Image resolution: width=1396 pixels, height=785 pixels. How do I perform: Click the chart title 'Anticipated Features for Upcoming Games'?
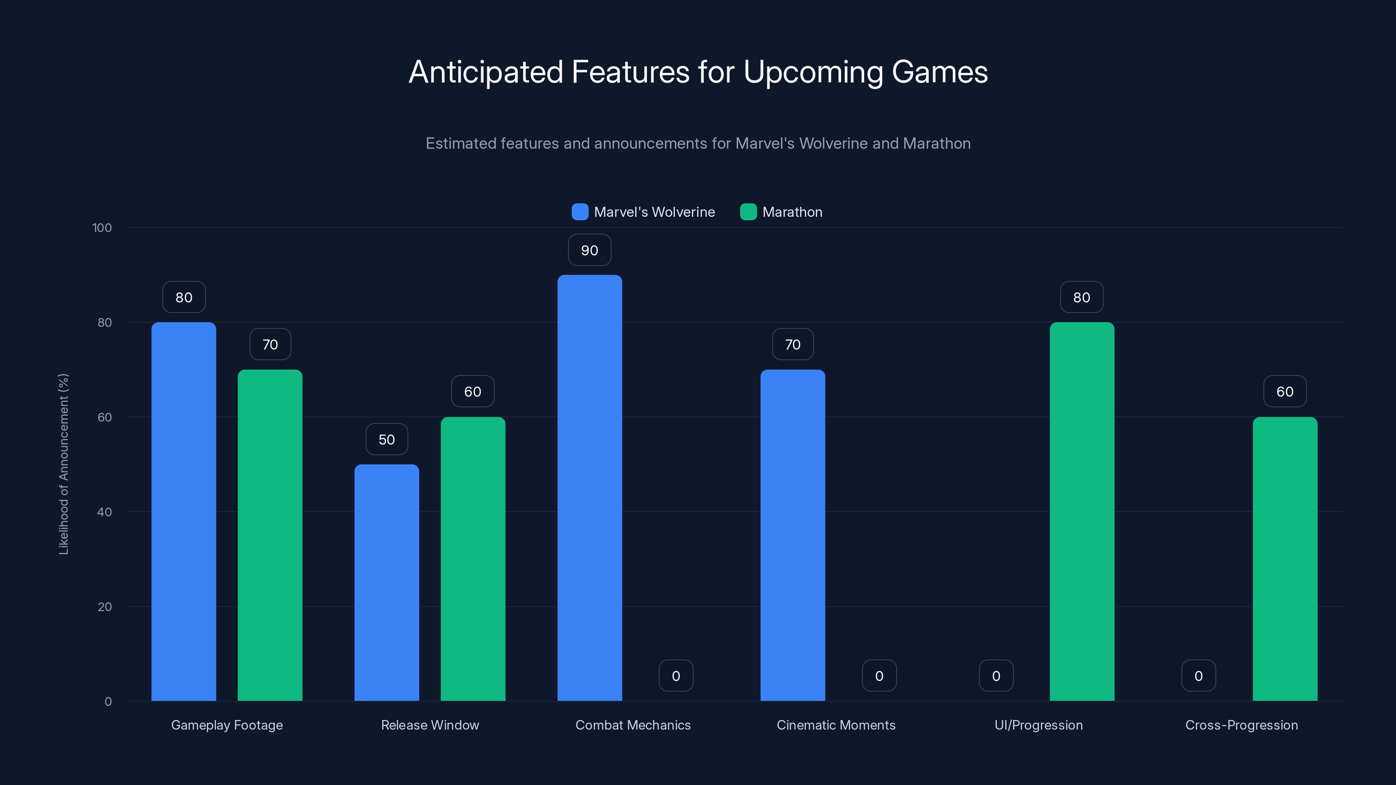pos(698,72)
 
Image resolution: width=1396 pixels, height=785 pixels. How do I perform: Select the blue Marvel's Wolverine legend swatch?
pos(580,212)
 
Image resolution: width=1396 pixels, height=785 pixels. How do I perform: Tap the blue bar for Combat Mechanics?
pos(590,488)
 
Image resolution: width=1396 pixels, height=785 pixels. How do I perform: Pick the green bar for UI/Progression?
pos(1082,512)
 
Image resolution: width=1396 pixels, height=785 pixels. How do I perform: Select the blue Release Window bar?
pos(387,582)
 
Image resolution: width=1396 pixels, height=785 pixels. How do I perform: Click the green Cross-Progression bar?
pos(1284,559)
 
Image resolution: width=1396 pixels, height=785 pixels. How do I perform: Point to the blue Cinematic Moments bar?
pos(792,535)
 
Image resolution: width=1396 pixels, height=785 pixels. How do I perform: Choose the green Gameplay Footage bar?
pos(270,535)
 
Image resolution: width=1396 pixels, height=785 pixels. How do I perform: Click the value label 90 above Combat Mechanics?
pos(590,250)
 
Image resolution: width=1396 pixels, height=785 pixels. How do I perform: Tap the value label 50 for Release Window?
pos(387,439)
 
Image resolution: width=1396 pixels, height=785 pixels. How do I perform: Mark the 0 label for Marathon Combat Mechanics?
pos(676,676)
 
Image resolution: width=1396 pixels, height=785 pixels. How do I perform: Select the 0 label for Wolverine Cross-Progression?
pos(1198,676)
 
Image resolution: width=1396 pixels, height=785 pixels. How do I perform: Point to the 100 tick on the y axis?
pos(102,228)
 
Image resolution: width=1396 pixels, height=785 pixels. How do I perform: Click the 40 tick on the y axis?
pos(104,512)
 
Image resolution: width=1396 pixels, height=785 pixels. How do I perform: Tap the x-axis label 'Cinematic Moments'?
pos(836,725)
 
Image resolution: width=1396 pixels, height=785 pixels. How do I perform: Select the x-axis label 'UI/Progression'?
pos(1038,725)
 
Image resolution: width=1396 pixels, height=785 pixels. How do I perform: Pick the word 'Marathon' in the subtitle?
pos(937,143)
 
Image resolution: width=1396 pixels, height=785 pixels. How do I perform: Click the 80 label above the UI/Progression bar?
pos(1082,297)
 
